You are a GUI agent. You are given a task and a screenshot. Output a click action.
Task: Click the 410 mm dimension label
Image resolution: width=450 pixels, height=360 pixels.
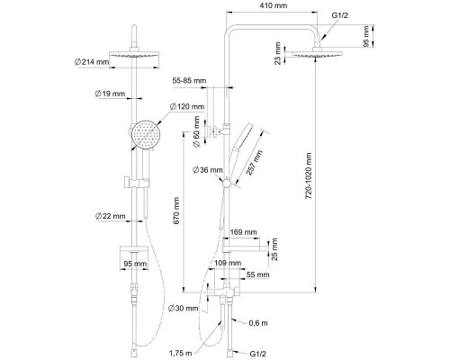[273, 5]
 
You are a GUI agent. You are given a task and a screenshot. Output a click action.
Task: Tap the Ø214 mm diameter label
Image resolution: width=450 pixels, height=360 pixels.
[92, 62]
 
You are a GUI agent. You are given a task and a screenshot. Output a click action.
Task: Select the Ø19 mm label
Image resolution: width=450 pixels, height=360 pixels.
[110, 94]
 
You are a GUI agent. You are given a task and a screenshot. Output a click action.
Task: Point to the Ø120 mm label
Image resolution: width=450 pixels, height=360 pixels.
[187, 106]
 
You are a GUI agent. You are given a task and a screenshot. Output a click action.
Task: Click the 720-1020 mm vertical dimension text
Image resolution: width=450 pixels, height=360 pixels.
[309, 175]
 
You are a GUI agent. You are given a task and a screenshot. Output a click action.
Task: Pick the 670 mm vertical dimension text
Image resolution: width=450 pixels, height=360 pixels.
[176, 211]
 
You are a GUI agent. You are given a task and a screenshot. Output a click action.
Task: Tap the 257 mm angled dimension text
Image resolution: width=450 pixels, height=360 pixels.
[255, 162]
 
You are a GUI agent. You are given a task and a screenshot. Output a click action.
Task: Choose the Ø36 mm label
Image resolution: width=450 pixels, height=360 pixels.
[208, 170]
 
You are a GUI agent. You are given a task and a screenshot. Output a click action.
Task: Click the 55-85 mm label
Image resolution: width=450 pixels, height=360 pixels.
[189, 81]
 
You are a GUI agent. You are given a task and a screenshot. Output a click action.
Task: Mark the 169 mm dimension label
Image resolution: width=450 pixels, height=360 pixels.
[243, 232]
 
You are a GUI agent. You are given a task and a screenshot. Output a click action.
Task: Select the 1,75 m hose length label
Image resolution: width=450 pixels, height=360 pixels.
[180, 353]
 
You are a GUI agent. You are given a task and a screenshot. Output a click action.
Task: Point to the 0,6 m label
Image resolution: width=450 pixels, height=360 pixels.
[258, 323]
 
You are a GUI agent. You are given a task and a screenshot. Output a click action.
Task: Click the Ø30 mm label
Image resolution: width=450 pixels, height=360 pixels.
[183, 308]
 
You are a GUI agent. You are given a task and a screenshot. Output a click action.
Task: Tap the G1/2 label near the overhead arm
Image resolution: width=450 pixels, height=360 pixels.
[340, 15]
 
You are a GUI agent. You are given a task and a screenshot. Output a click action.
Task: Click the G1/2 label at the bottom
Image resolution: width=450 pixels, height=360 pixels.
[257, 354]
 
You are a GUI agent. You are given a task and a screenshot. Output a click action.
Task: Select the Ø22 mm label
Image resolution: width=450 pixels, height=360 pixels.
[111, 216]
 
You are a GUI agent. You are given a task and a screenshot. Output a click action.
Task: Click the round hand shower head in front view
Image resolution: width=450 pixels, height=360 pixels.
[146, 134]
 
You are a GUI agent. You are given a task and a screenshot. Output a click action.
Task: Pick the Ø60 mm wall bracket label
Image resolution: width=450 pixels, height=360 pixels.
[196, 131]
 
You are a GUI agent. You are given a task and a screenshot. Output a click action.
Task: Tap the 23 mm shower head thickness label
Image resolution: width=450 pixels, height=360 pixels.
[278, 53]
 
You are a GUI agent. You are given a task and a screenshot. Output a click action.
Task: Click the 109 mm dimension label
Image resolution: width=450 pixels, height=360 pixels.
[228, 263]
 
